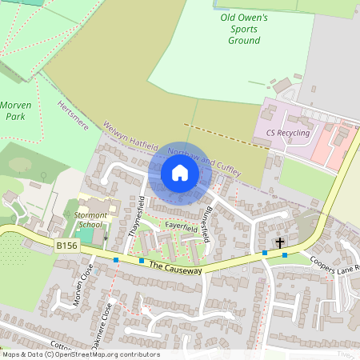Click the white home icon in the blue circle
click(x=179, y=172)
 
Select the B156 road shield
click(x=67, y=246)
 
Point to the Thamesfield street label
click(x=136, y=215)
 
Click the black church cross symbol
click(x=280, y=242)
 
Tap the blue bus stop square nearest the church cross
click(x=285, y=255)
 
